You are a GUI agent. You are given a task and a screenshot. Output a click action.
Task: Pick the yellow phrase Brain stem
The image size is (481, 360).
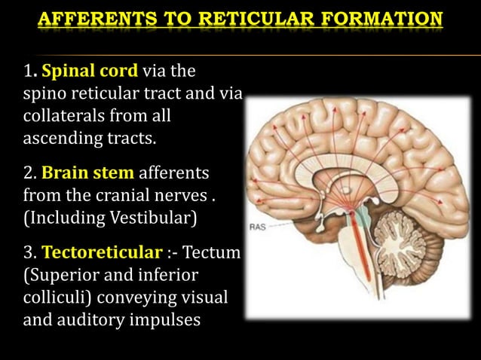click(x=89, y=173)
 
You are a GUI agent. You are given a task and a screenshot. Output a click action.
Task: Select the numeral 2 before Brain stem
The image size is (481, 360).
click(x=29, y=173)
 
